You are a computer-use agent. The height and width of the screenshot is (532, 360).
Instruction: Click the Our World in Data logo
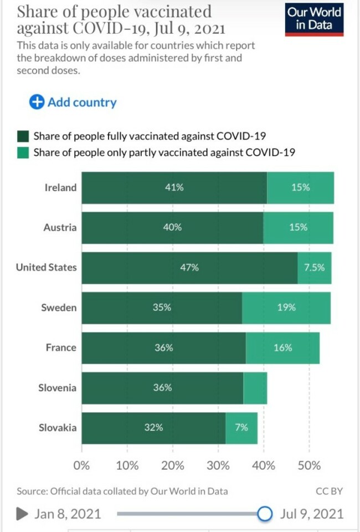[314, 19]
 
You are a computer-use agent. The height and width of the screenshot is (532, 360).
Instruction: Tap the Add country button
[73, 102]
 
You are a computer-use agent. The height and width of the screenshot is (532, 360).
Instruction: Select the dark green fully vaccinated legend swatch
[23, 136]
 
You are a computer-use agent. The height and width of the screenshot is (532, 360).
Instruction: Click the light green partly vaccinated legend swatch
[23, 152]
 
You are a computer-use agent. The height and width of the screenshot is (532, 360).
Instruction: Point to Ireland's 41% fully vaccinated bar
[174, 188]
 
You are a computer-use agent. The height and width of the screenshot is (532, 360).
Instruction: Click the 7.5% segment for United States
[314, 268]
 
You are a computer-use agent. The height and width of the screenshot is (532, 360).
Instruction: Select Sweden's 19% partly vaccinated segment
[286, 308]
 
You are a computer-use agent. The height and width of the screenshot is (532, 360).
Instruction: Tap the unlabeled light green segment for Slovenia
[255, 388]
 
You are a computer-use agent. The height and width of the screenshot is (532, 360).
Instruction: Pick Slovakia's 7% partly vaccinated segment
[241, 428]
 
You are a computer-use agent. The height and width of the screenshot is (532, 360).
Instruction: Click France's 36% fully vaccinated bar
[164, 348]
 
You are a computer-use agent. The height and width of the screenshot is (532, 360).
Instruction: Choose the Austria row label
[60, 228]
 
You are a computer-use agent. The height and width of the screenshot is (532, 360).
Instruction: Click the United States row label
[46, 268]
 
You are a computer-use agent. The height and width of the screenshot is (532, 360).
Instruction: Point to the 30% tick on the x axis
[218, 465]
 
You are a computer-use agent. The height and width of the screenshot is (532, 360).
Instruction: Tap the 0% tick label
[81, 465]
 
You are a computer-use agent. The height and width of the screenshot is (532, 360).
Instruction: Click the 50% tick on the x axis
[309, 465]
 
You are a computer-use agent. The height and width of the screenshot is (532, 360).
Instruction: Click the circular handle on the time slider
[265, 514]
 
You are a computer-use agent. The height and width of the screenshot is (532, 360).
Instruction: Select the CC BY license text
[329, 491]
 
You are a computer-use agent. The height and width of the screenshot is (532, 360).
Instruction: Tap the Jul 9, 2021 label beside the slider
[312, 514]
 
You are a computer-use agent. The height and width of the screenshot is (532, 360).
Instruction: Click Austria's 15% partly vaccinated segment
[298, 228]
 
